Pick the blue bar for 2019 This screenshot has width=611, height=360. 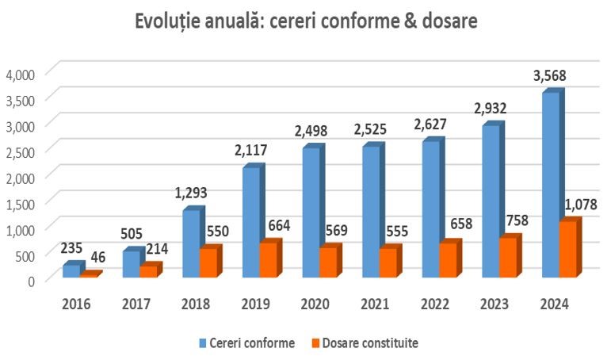coord(251,223)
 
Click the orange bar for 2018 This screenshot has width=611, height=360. coord(208,262)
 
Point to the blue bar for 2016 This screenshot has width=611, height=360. coord(71,271)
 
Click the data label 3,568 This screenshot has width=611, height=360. coord(552,77)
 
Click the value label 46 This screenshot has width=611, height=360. coord(98,256)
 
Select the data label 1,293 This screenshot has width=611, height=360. coord(192,193)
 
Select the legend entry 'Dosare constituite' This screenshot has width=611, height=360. coord(369,343)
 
